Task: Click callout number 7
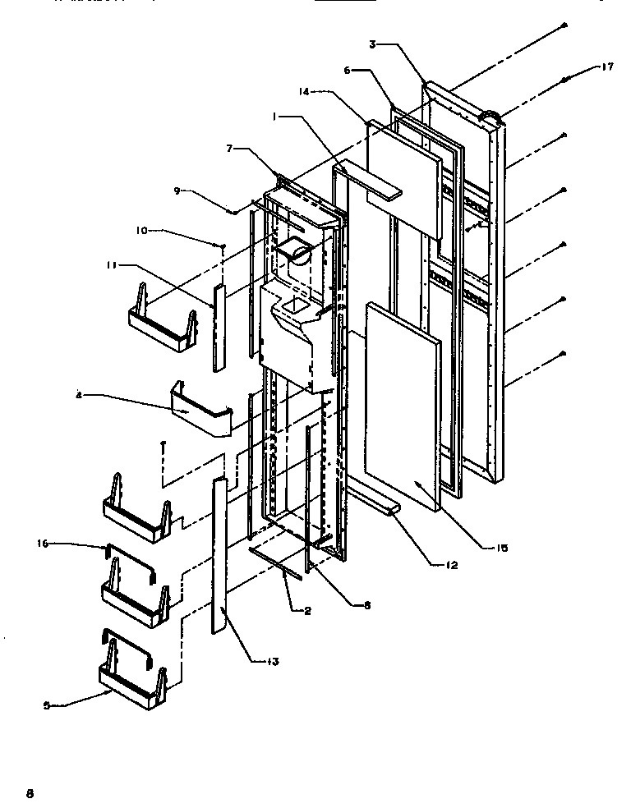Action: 233,148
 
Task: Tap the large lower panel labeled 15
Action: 403,411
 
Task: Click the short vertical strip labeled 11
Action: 219,327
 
